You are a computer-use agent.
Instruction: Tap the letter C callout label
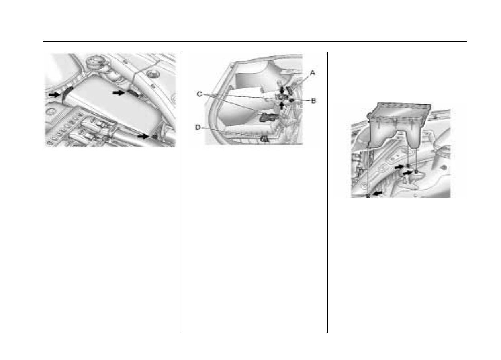click(x=199, y=94)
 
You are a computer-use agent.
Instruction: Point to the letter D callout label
click(x=198, y=127)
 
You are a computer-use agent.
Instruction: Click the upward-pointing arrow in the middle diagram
click(x=282, y=106)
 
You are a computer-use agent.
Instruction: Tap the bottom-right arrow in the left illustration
click(x=143, y=136)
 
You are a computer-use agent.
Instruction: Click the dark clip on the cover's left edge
click(x=66, y=92)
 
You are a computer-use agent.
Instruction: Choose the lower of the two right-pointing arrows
click(x=407, y=172)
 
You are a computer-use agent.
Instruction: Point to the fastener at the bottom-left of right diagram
click(x=368, y=195)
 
